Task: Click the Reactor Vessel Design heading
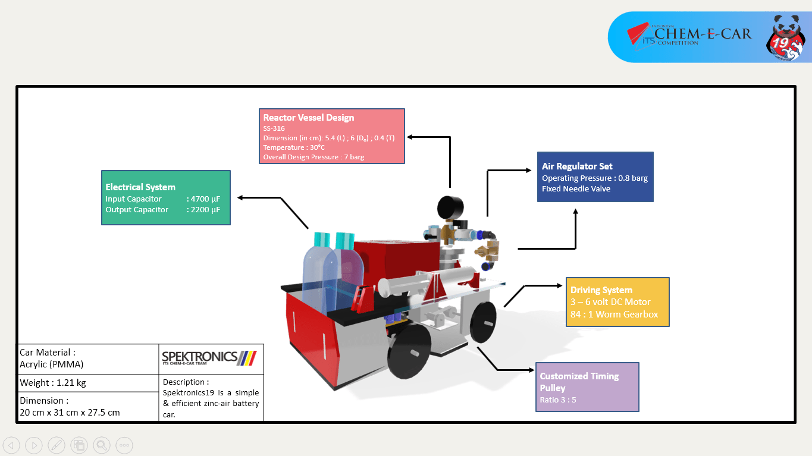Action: (x=308, y=118)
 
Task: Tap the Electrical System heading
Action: (x=140, y=187)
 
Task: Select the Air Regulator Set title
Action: (x=577, y=166)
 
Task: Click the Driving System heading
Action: (x=601, y=290)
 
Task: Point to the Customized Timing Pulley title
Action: (x=579, y=382)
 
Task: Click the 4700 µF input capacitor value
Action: (x=203, y=199)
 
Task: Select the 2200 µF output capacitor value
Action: (x=203, y=209)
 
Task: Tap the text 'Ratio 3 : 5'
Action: (x=558, y=400)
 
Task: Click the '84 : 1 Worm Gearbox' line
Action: (x=614, y=314)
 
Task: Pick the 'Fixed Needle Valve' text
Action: (x=576, y=188)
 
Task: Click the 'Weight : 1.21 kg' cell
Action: (x=53, y=382)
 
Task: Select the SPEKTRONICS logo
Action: (x=210, y=358)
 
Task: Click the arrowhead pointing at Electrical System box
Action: (x=240, y=197)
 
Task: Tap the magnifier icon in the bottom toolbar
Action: (x=102, y=445)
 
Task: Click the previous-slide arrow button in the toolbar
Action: (x=11, y=445)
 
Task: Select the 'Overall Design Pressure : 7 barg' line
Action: (x=313, y=157)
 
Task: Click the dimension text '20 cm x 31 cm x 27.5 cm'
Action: (x=70, y=412)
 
